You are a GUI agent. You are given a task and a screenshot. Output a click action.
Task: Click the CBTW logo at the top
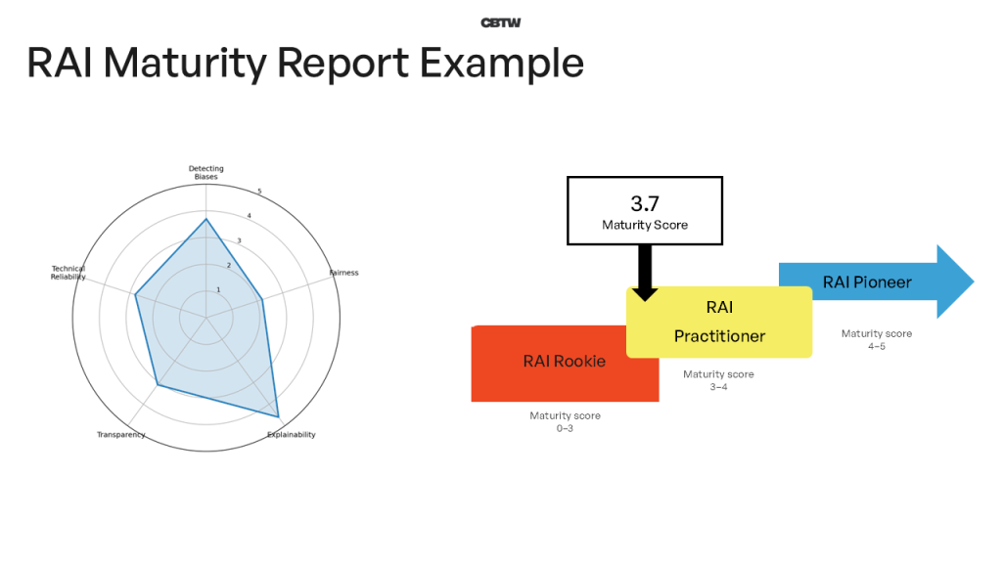[x=500, y=22]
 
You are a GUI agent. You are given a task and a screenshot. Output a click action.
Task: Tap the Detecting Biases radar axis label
[x=205, y=172]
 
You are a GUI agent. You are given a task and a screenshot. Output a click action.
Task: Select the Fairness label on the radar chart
[x=343, y=273]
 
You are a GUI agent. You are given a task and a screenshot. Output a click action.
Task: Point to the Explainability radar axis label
[x=292, y=434]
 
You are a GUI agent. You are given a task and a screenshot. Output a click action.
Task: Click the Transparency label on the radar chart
[x=121, y=434]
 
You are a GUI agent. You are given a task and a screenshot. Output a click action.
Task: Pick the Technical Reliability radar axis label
[x=68, y=273]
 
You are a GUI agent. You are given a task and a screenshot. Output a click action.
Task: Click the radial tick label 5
[x=259, y=192]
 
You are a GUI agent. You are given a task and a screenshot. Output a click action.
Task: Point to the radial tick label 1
[x=218, y=290]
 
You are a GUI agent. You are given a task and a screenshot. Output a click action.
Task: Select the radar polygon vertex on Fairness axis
[x=262, y=299]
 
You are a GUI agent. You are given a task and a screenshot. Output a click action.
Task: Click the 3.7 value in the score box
[x=645, y=203]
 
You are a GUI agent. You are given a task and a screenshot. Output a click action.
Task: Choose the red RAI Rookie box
[x=564, y=362]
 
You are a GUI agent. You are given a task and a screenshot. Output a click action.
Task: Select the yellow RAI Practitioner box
[x=719, y=322]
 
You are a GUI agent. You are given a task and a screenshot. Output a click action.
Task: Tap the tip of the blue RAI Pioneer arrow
[x=972, y=282]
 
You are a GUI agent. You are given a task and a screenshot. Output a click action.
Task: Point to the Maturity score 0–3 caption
[x=565, y=422]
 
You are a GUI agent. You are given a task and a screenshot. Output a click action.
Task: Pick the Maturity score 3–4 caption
[x=718, y=380]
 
